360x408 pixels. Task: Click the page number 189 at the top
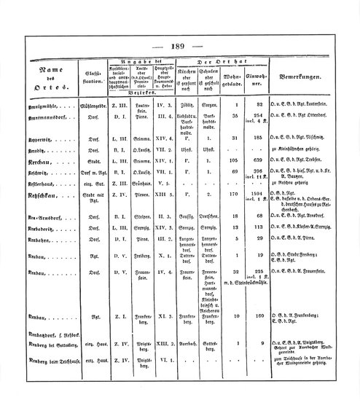coord(179,45)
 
